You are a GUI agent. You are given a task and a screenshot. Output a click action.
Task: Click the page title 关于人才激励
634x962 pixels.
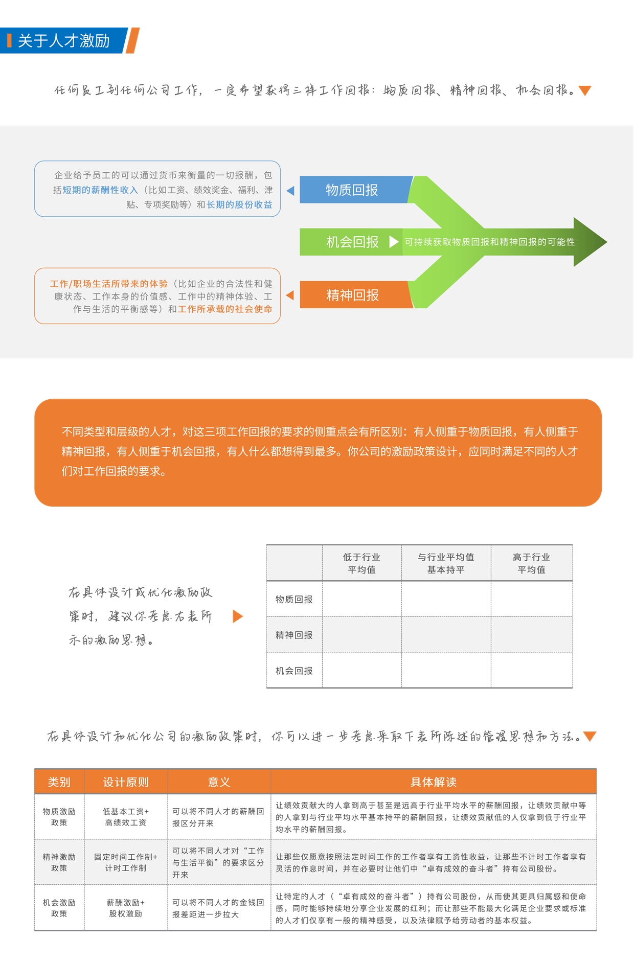point(64,40)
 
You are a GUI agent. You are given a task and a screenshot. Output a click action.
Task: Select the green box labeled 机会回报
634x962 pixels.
point(352,242)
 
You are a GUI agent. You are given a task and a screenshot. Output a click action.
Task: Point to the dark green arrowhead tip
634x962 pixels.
point(606,242)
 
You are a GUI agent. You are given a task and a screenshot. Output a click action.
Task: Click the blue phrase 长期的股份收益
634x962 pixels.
point(239,204)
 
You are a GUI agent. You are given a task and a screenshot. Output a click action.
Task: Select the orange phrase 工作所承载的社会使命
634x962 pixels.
point(225,309)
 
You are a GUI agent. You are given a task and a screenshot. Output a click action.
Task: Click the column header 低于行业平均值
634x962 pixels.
point(361,563)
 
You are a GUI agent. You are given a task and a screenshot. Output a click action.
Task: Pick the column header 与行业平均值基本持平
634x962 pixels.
point(446,563)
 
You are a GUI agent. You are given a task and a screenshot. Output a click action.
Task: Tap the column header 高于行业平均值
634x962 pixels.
point(531,563)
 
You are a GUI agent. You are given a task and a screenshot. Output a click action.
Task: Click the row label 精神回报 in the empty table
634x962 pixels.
point(294,635)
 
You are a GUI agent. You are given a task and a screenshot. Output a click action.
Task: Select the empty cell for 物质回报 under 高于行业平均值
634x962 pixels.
point(532,599)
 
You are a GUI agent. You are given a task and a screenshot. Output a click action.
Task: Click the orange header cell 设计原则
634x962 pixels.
point(126,782)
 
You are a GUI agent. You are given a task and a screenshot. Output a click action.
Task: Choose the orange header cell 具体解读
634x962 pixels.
point(434,782)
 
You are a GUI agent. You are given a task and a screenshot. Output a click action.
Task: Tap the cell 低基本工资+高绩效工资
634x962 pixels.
point(126,817)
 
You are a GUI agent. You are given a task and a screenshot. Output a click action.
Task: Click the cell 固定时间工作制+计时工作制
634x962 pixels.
point(126,862)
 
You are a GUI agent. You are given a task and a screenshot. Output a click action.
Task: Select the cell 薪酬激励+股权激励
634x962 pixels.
point(126,908)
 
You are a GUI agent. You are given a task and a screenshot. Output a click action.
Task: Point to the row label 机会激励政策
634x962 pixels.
point(59,908)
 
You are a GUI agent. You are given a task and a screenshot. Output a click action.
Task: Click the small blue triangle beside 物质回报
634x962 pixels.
point(290,191)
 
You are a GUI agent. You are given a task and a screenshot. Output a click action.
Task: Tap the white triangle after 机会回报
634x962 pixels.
point(394,242)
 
